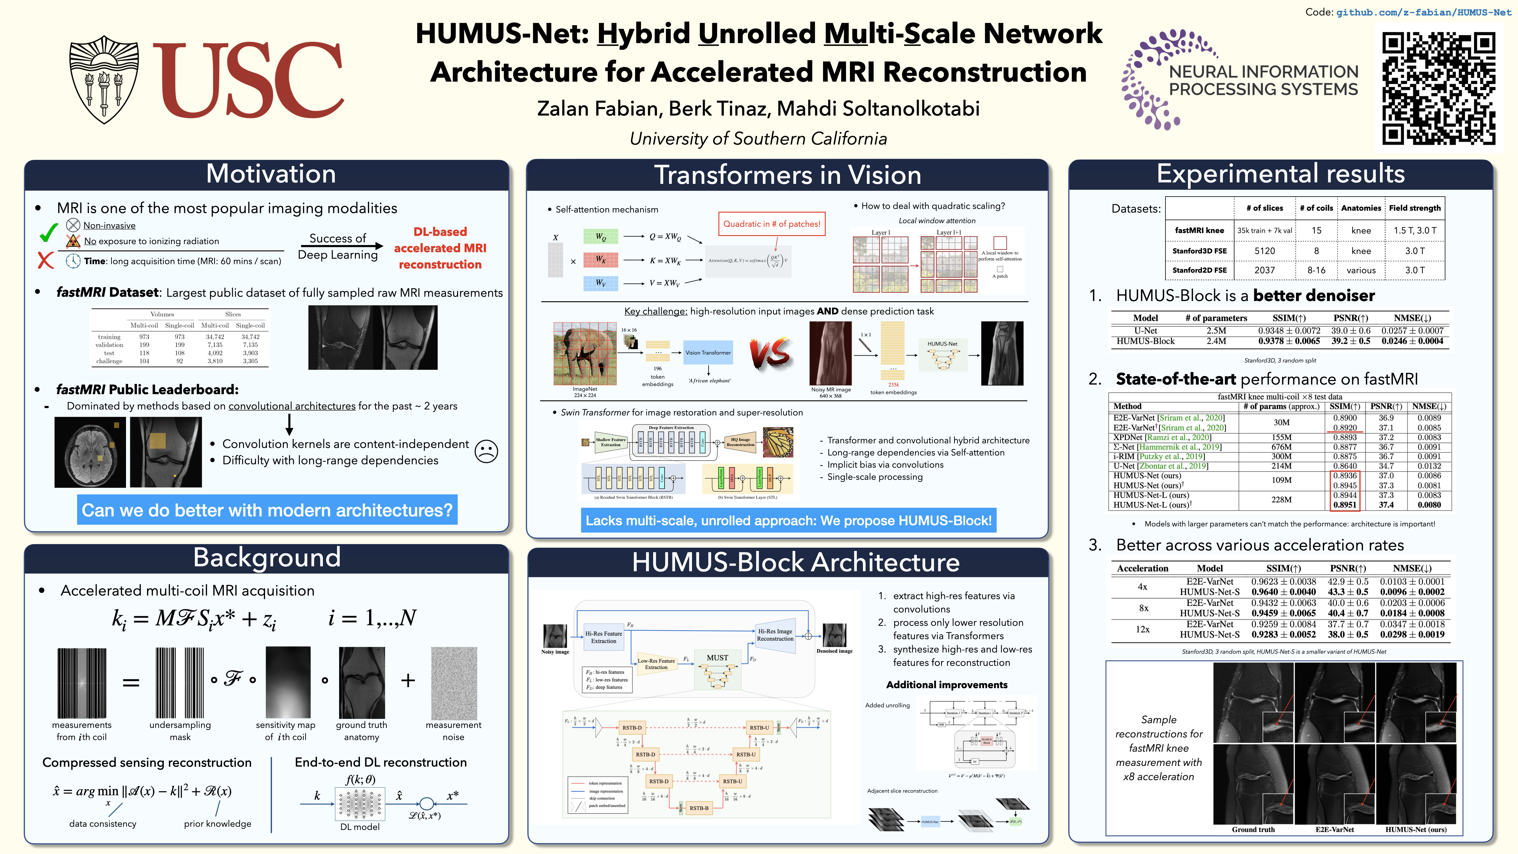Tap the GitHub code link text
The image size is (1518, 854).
1423,12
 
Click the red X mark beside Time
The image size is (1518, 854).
45,260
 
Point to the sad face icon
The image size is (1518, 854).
486,451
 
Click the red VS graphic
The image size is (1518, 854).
770,354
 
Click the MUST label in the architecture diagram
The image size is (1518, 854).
717,657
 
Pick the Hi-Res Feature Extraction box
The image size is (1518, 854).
603,637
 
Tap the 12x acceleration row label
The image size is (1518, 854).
1143,630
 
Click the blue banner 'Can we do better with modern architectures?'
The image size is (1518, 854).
267,510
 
